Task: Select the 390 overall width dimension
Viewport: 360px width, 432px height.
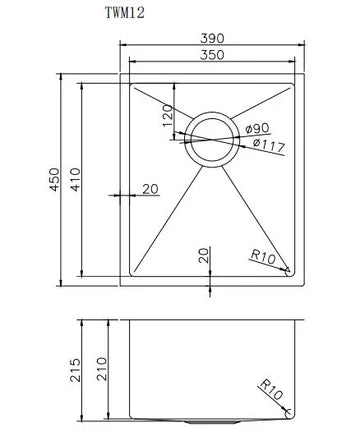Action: pos(212,38)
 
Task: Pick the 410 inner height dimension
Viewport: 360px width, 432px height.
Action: pos(90,178)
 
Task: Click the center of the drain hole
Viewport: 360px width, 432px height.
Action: pos(211,136)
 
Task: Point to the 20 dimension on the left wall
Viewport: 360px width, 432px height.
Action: pos(150,188)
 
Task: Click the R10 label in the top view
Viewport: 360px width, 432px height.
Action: pos(264,259)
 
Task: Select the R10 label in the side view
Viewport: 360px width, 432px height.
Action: pos(271,387)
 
